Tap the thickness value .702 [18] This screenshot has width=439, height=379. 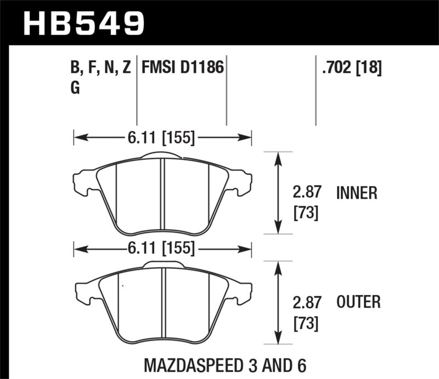click(349, 69)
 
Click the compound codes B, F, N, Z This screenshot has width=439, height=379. click(100, 69)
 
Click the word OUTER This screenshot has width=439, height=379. click(358, 302)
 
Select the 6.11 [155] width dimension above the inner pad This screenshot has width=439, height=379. click(162, 138)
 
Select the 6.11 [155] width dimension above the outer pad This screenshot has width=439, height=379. click(162, 248)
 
